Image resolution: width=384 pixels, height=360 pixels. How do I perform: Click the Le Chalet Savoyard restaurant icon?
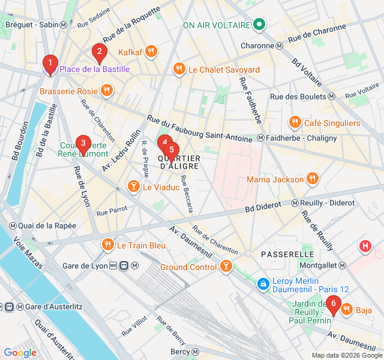coord(179,70)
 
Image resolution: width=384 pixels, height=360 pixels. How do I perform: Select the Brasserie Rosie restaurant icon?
coord(107,91)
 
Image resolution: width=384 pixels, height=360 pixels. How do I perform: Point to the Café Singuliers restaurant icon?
coord(295,123)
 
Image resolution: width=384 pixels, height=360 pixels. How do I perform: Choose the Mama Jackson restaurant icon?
coord(312,179)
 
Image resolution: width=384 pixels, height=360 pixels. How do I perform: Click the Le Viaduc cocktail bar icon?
coord(133,187)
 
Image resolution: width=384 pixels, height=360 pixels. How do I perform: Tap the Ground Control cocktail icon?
coord(226,266)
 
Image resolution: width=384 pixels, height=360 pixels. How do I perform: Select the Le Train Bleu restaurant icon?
coord(107,245)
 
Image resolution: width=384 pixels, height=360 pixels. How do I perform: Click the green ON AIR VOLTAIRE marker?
coord(259,25)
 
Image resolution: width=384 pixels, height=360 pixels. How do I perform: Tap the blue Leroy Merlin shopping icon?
coord(263,283)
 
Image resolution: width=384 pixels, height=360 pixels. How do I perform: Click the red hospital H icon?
coord(365,246)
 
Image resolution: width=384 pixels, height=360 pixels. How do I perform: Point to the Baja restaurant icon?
coord(346,310)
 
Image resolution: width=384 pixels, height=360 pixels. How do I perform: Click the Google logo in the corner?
coord(20,353)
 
